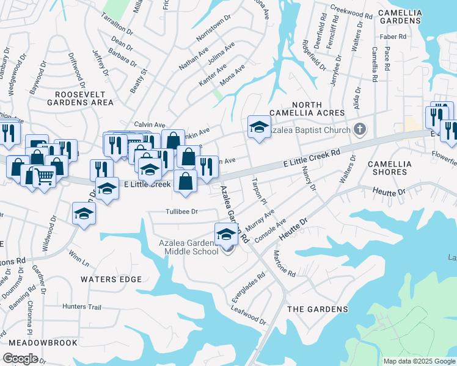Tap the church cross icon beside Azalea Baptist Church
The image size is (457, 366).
click(x=360, y=129)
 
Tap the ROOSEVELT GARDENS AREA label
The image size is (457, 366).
click(x=84, y=99)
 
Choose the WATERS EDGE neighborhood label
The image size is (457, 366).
click(x=111, y=279)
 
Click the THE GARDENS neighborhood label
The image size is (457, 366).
click(x=318, y=309)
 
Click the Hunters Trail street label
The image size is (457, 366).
click(x=82, y=307)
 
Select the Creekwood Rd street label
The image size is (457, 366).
click(x=351, y=12)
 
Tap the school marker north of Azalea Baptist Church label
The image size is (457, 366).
click(x=259, y=127)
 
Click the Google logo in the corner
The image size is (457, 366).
click(x=20, y=359)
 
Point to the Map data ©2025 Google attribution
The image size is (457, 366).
click(x=419, y=361)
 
